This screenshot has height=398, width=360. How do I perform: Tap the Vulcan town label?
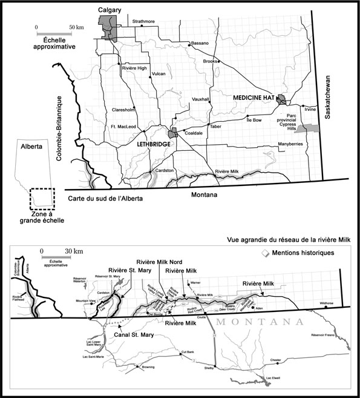(x=159, y=73)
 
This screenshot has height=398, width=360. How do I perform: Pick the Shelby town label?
(x=210, y=367)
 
